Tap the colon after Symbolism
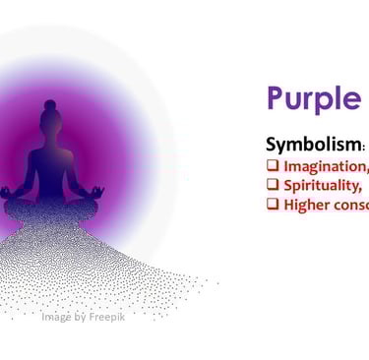click(355, 146)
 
